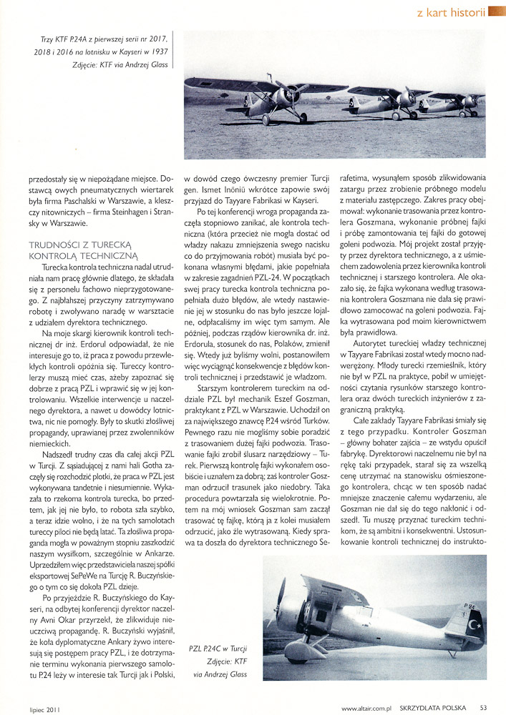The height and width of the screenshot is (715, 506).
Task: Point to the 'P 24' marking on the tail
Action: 470,606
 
